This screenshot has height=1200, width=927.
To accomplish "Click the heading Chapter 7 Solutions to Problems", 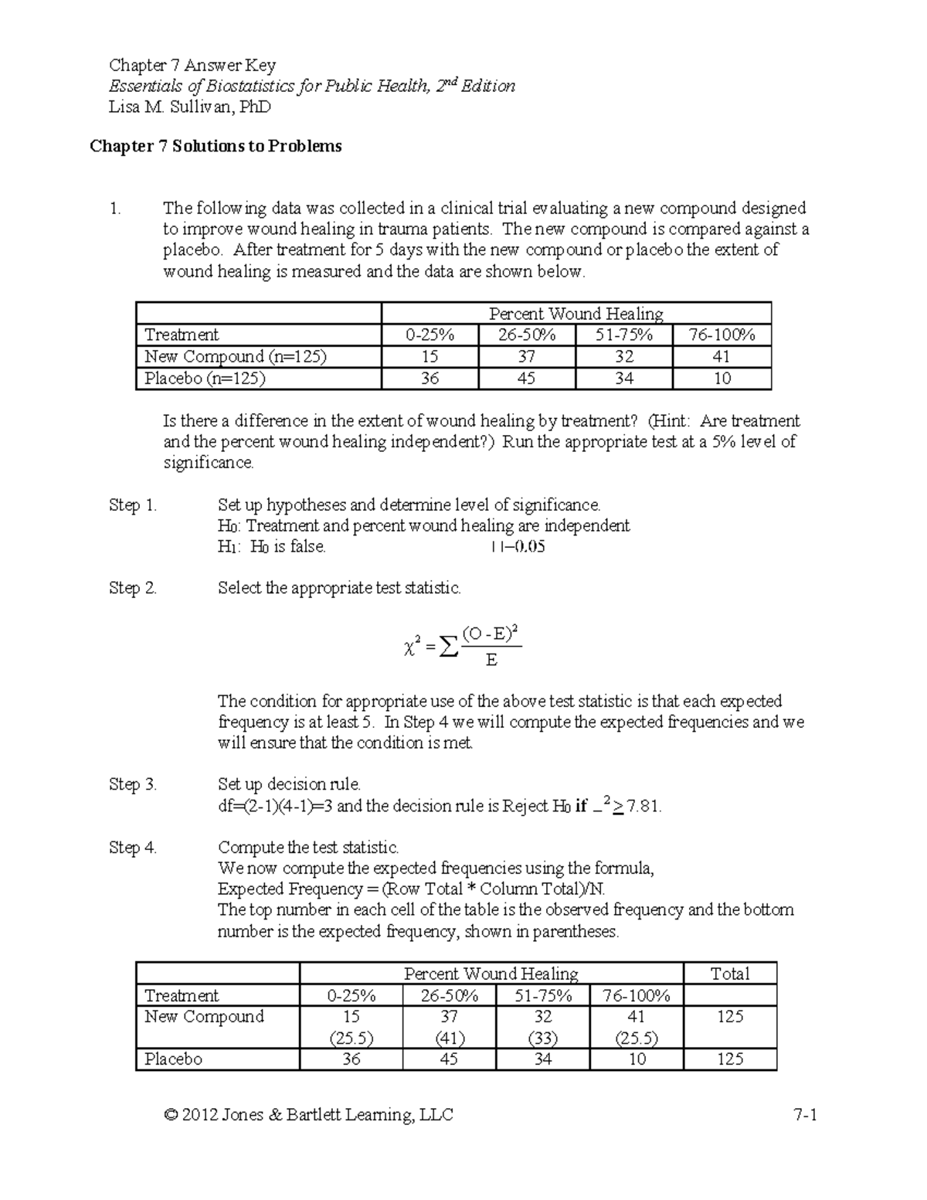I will click(216, 146).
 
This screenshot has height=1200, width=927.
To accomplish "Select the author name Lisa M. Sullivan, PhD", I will click(190, 107).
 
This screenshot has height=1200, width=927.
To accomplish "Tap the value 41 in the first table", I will click(722, 356).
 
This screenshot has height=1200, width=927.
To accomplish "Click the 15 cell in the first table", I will click(430, 356).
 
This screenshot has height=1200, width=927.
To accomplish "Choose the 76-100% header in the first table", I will click(722, 335).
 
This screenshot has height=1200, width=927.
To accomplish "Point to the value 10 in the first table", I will click(722, 378).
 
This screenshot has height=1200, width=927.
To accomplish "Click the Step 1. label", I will click(133, 505).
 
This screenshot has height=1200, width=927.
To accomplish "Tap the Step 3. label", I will click(133, 784).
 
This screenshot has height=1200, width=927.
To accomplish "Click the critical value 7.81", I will click(644, 806).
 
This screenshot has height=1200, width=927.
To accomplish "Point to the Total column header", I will click(729, 974).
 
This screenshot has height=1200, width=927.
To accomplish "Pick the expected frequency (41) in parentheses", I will click(449, 1038).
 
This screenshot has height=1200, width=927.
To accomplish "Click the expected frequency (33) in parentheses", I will click(542, 1038).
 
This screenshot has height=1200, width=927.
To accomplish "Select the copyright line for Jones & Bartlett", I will click(308, 1115).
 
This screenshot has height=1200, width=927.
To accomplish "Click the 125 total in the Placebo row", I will click(729, 1059).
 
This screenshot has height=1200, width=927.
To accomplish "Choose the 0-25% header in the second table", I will click(351, 995).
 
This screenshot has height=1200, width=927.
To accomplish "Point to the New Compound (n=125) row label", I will click(236, 356).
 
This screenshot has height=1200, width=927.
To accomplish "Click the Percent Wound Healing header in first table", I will click(576, 313).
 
